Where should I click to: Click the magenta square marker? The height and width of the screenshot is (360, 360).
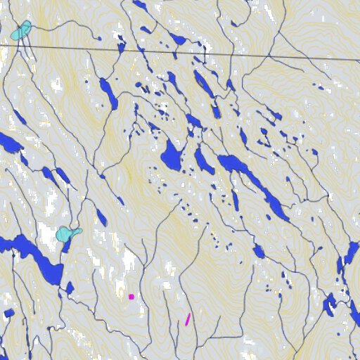(131, 297)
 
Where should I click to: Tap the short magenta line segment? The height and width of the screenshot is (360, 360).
(188, 319)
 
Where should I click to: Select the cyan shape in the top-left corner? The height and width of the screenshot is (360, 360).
(21, 31)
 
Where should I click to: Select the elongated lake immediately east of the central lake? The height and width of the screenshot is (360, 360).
(204, 160)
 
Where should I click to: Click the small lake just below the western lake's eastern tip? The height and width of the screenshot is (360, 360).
(70, 288)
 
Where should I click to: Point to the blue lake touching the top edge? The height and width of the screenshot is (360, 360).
(141, 6)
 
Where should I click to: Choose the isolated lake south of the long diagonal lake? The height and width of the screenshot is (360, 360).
(259, 252)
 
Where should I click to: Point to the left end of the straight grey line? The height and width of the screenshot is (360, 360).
(2, 44)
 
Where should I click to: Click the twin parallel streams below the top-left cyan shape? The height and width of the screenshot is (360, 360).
(27, 49)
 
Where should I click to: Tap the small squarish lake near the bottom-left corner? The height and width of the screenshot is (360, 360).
(8, 313)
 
